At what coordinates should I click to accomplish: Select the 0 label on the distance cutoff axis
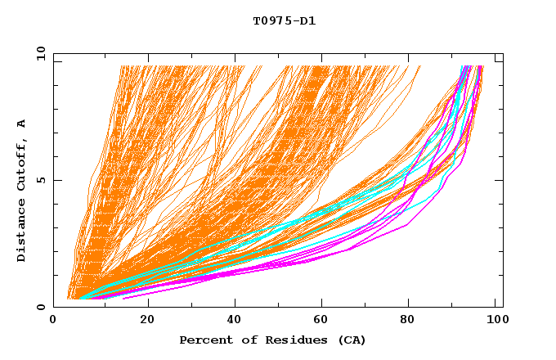pos(40,307)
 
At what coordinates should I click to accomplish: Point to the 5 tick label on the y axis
pos(40,180)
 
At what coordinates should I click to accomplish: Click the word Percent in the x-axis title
pos(204,340)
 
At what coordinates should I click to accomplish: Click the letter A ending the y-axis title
pos(22,124)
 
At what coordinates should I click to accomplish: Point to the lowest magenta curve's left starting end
pos(123,299)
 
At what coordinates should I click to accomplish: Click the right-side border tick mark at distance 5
pos(500,180)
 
